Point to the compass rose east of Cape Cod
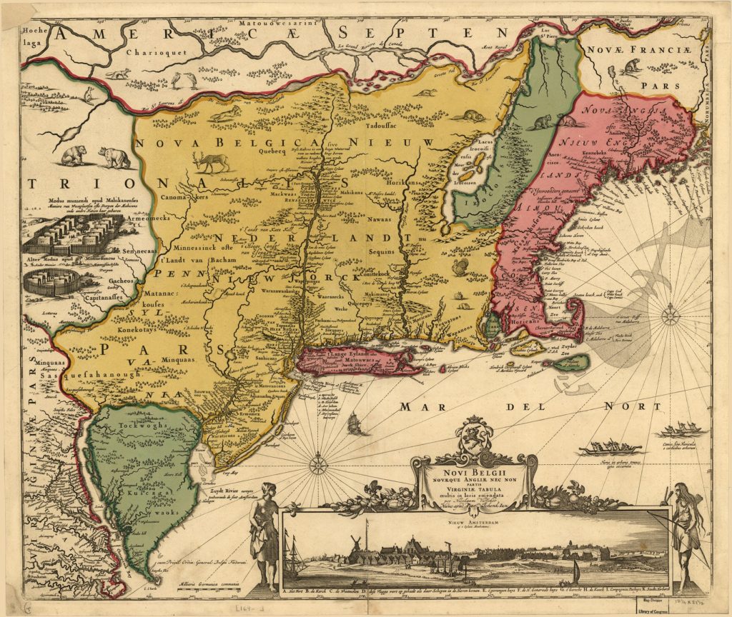coord(670,316)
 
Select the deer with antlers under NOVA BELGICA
coord(211,161)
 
